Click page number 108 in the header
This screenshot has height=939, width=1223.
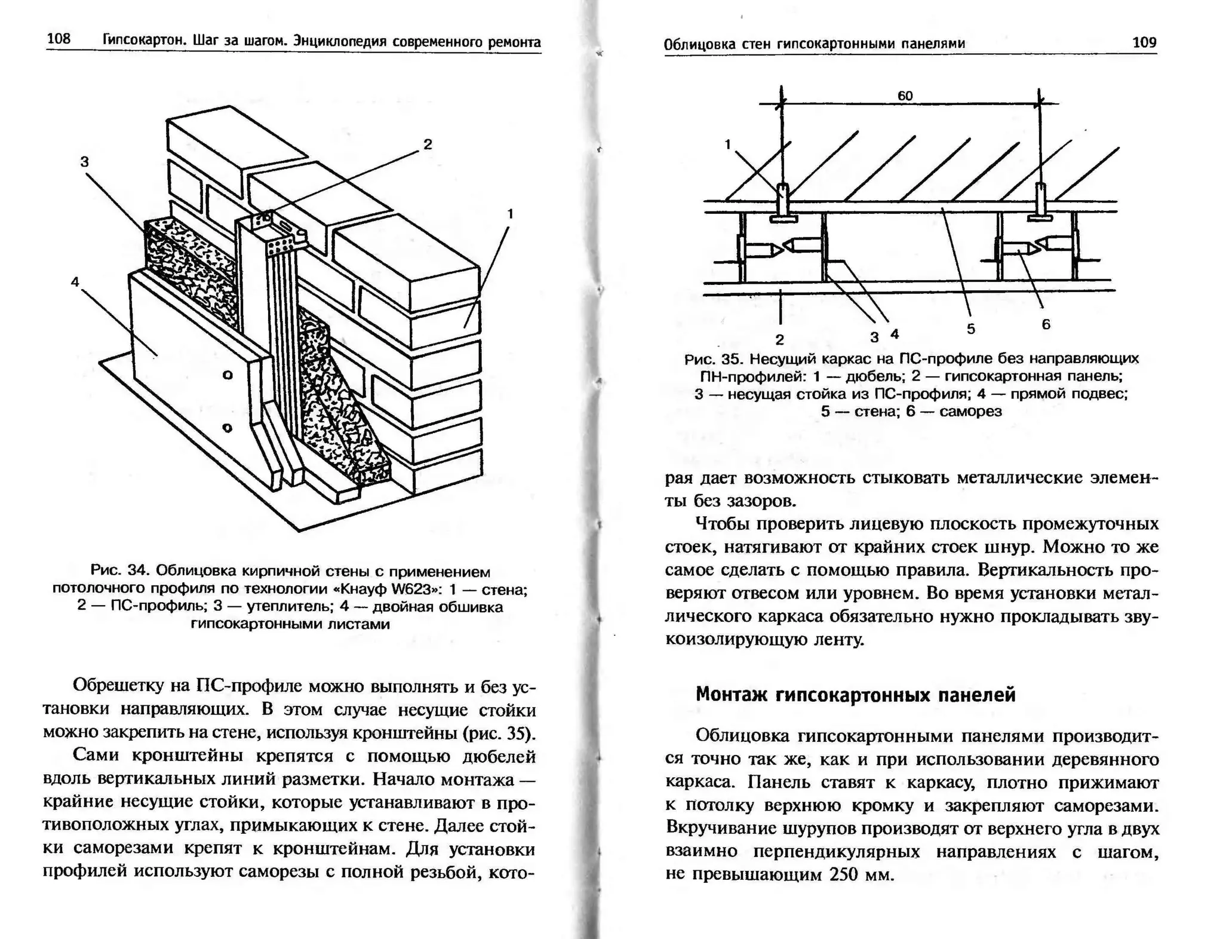pyautogui.click(x=59, y=39)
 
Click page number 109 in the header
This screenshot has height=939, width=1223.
pyautogui.click(x=1144, y=42)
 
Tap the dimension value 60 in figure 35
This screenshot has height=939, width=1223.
pyautogui.click(x=905, y=96)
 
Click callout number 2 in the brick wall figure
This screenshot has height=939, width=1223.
pyautogui.click(x=428, y=144)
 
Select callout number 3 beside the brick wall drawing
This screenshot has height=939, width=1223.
pyautogui.click(x=84, y=161)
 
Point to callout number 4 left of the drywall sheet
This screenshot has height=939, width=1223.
pyautogui.click(x=75, y=282)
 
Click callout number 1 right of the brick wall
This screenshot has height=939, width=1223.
pyautogui.click(x=510, y=213)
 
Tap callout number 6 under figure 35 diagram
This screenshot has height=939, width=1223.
pyautogui.click(x=1046, y=324)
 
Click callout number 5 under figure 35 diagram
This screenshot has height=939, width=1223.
pyautogui.click(x=970, y=329)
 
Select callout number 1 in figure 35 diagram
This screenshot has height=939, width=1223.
pyautogui.click(x=727, y=144)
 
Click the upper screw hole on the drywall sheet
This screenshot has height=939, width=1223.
pyautogui.click(x=227, y=375)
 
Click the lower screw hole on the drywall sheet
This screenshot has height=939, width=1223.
pyautogui.click(x=227, y=428)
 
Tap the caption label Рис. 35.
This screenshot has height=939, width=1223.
pyautogui.click(x=712, y=359)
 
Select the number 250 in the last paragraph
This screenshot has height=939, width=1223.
pyautogui.click(x=844, y=875)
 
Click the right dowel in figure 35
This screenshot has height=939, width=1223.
pyautogui.click(x=1040, y=202)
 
